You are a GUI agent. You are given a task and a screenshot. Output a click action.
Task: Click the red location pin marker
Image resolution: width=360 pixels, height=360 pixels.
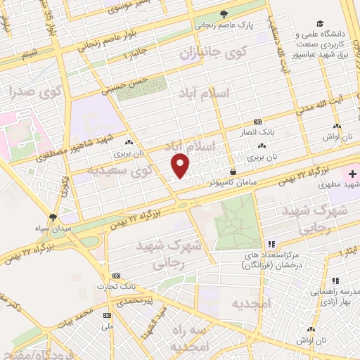(181, 165)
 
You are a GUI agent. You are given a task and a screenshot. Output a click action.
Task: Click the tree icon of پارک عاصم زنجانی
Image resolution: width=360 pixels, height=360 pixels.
(224, 13)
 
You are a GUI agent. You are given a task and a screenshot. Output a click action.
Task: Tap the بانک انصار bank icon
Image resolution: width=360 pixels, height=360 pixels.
(257, 120)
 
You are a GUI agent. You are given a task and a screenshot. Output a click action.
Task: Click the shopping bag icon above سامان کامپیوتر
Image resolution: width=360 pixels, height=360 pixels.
(233, 171)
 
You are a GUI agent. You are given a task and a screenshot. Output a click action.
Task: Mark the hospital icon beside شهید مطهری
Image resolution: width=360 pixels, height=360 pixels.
(351, 173)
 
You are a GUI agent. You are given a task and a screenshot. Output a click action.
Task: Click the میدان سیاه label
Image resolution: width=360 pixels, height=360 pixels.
(53, 229)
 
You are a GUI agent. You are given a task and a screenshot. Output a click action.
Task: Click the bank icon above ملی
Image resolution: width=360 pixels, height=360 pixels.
(108, 315)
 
